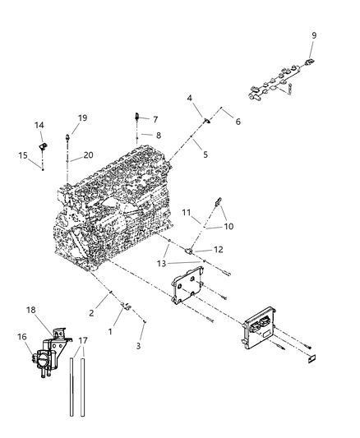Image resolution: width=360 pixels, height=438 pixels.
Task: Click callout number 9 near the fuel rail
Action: pyautogui.click(x=313, y=35)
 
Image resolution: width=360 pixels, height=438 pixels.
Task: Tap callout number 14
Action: pyautogui.click(x=39, y=125)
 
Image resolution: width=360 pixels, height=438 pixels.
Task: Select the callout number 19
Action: pyautogui.click(x=81, y=118)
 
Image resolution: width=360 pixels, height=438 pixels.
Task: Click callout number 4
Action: pyautogui.click(x=190, y=99)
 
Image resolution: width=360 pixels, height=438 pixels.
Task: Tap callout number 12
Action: pyautogui.click(x=219, y=250)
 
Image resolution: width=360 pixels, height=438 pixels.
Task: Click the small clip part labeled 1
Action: pyautogui.click(x=126, y=307)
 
